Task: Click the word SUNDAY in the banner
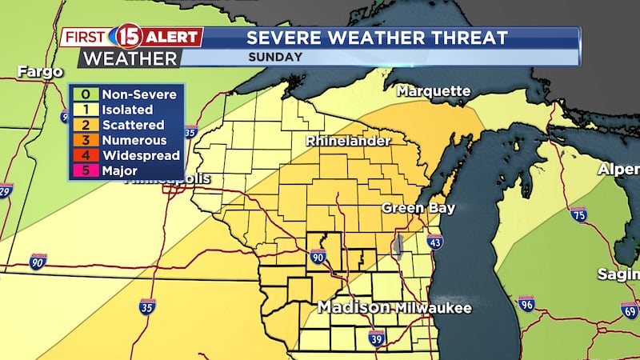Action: [x=275, y=57]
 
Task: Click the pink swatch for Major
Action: [x=84, y=170]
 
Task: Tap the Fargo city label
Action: [x=40, y=72]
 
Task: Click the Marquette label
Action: [x=434, y=90]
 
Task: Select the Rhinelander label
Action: [x=348, y=141]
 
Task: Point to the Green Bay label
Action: [x=418, y=208]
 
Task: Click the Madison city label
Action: [x=354, y=308]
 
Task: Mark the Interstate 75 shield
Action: [x=578, y=214]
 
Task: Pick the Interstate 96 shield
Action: [x=526, y=303]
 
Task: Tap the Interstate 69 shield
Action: [x=630, y=310]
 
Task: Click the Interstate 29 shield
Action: [x=6, y=190]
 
